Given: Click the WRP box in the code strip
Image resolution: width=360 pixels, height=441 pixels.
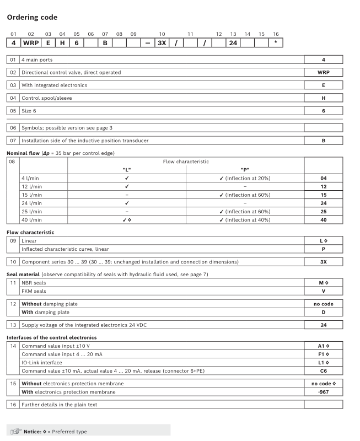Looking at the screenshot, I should tap(31, 42).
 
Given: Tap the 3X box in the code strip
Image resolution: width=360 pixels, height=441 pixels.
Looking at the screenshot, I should tap(162, 42).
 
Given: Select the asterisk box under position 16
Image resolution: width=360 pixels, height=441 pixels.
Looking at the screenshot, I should tap(275, 42).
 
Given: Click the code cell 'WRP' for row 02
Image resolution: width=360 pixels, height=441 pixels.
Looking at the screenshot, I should tap(323, 72).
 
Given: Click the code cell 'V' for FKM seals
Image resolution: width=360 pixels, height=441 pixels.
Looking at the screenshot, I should tap(323, 290).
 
